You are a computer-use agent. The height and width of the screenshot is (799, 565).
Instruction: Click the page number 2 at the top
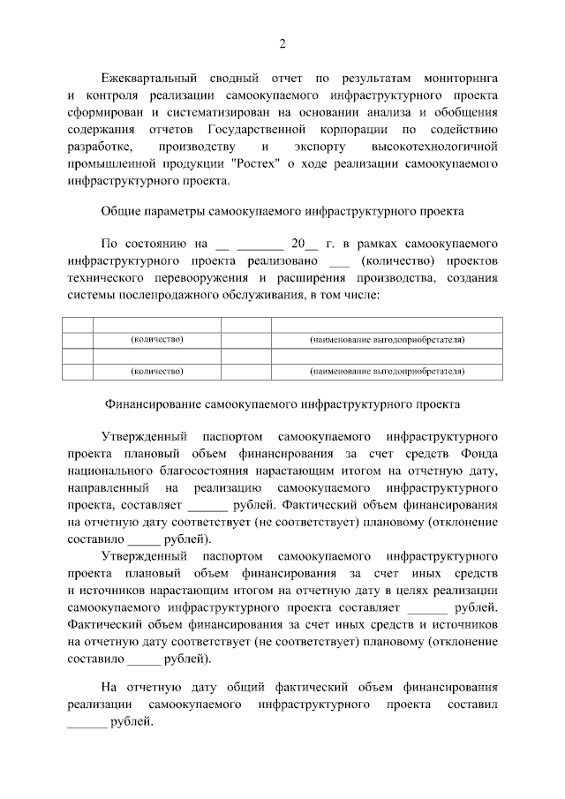pos(282,44)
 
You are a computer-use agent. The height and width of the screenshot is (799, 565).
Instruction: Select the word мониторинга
pos(459,79)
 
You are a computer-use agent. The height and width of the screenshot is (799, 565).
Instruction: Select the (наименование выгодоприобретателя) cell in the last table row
pos(387,372)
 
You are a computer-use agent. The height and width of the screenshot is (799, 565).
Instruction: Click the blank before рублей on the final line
pos(87,721)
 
